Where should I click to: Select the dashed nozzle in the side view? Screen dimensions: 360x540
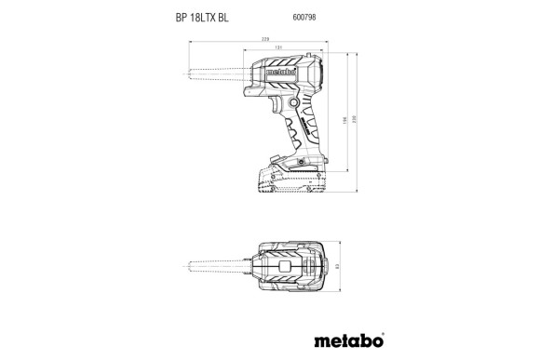coord(217,73)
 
